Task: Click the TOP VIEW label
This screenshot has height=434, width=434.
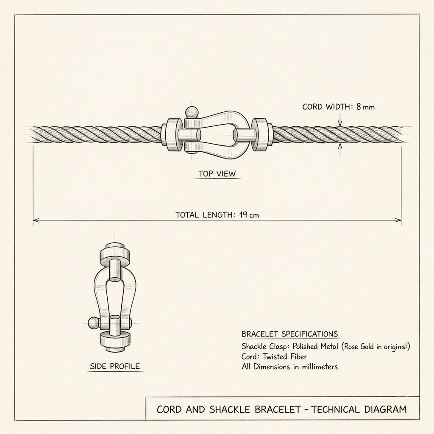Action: [x=217, y=173]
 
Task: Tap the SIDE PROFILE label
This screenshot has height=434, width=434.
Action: [x=115, y=366]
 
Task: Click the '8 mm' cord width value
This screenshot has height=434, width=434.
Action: [x=365, y=107]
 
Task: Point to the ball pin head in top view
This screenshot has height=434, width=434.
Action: [x=192, y=112]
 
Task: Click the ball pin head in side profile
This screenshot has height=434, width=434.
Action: [x=94, y=323]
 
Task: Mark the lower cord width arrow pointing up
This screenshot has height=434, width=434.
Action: [x=340, y=150]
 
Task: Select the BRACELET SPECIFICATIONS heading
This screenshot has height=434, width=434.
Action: [x=289, y=334]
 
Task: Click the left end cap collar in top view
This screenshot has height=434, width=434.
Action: [x=172, y=135]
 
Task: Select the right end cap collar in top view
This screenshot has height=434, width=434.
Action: [x=262, y=135]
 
